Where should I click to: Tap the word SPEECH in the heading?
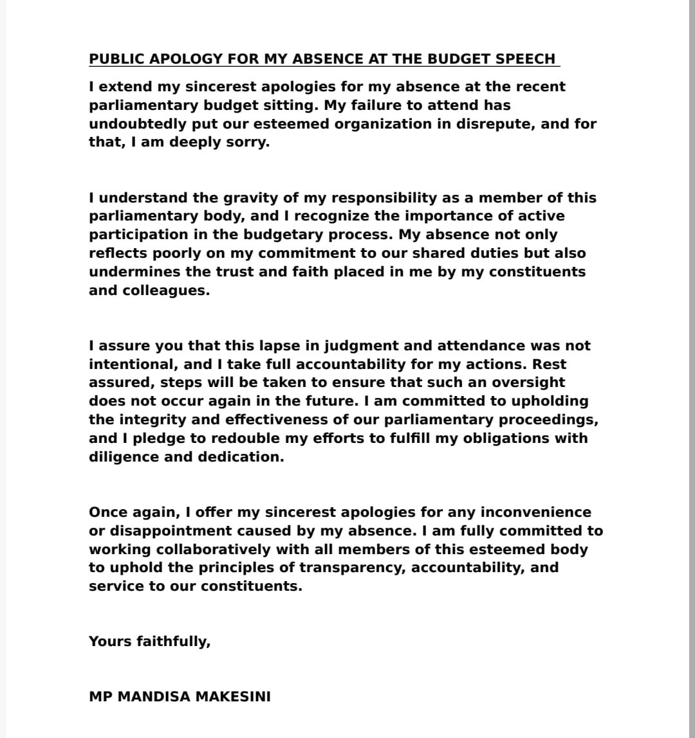(x=524, y=59)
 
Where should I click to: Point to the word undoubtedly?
(x=131, y=123)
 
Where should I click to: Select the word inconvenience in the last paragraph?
(x=535, y=513)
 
